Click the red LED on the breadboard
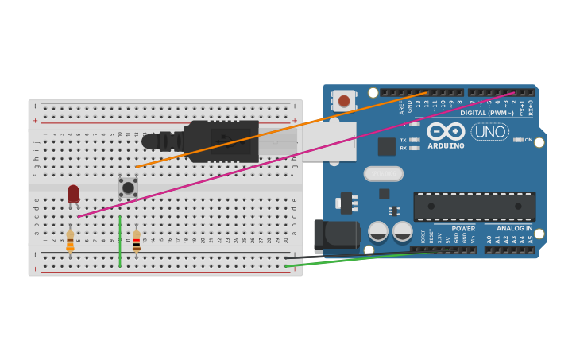click(73, 194)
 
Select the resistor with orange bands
click(70, 241)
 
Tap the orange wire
click(278, 131)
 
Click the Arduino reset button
click(344, 101)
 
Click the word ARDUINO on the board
click(446, 145)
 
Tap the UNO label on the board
click(489, 131)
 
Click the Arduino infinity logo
click(446, 131)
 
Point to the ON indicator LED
click(518, 140)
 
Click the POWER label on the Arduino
click(463, 228)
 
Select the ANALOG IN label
click(514, 228)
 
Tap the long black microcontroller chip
click(474, 207)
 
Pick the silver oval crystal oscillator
click(384, 173)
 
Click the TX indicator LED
click(414, 140)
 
